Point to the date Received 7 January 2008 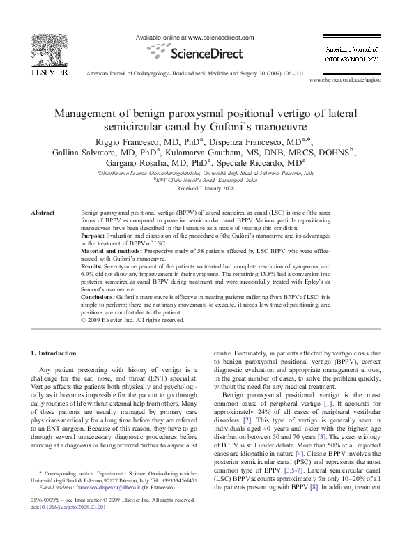(206, 189)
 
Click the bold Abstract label (44, 210)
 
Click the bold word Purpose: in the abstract (94, 236)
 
